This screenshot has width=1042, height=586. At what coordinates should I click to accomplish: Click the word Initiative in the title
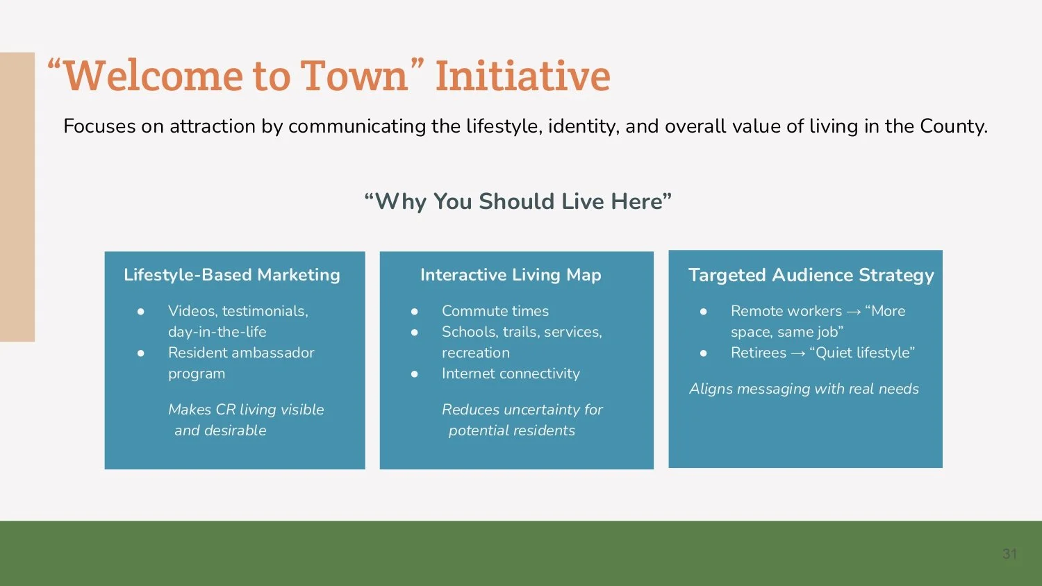point(522,76)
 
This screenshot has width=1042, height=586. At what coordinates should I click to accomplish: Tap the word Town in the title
point(354,76)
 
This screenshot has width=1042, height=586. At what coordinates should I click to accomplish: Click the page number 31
point(1009,553)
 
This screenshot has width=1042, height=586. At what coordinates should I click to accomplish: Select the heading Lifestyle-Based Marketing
point(231,275)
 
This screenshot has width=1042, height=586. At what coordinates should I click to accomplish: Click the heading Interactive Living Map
point(511,275)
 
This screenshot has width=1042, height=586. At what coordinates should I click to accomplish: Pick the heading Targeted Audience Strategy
point(811,275)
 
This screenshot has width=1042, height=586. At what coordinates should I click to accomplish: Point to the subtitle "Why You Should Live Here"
point(518,201)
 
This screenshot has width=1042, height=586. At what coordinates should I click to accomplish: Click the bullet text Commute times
point(495,311)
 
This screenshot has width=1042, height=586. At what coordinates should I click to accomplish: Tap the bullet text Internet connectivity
point(511,374)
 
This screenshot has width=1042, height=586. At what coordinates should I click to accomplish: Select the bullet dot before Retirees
point(704,353)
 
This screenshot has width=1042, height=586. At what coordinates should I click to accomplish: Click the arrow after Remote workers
point(854,312)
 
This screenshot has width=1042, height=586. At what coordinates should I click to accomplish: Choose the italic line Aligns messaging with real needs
point(804,389)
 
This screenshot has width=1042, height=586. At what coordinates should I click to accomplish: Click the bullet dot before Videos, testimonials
point(141,311)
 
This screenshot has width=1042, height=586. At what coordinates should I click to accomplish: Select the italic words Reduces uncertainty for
point(522,410)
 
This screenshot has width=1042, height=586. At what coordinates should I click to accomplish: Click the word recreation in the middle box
point(475,353)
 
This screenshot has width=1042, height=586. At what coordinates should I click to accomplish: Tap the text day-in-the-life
point(217,332)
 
